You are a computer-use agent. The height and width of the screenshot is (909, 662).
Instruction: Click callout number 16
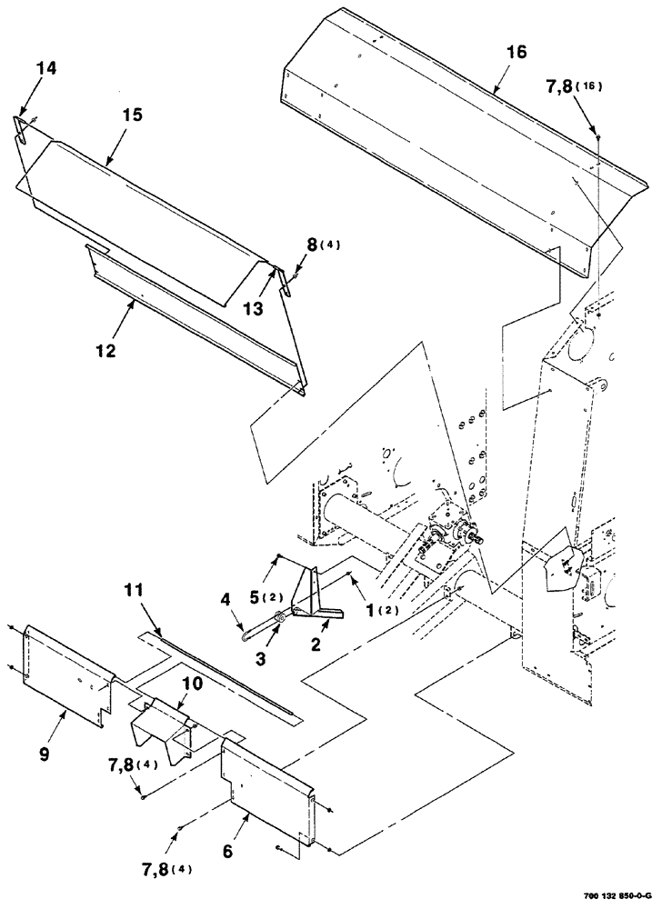click(516, 54)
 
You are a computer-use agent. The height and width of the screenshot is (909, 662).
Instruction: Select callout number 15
click(133, 116)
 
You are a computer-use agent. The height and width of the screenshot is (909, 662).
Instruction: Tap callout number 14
click(45, 67)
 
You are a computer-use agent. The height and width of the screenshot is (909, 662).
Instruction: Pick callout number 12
click(106, 350)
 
